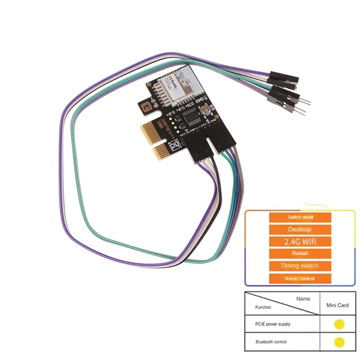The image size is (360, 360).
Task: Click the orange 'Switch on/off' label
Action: [x=300, y=217]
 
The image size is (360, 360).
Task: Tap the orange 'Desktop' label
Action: [x=300, y=229]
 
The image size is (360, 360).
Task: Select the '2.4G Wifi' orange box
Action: [x=300, y=242]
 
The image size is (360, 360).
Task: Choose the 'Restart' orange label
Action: [x=300, y=254]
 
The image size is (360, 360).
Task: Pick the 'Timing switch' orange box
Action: [x=300, y=266]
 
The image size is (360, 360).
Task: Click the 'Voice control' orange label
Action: [x=300, y=279]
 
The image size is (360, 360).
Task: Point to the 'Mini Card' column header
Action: [x=337, y=305]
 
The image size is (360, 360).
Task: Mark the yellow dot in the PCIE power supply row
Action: [x=339, y=324]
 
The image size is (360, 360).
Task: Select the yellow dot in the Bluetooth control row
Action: [x=339, y=342]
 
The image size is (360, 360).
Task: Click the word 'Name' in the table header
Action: [x=303, y=298]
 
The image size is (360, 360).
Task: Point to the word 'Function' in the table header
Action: [x=263, y=307]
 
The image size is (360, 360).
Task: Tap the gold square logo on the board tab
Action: [x=147, y=106]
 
